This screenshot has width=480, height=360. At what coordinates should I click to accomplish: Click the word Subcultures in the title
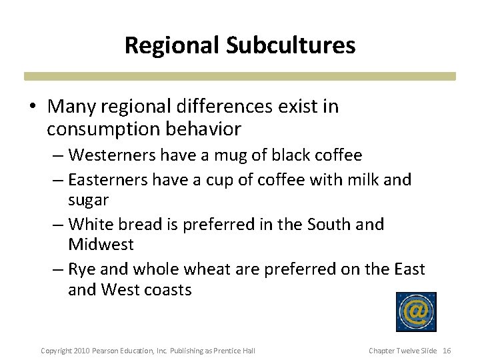pyautogui.click(x=290, y=45)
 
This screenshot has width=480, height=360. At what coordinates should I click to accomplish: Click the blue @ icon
pyautogui.click(x=416, y=312)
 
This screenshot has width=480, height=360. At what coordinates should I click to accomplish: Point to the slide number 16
pyautogui.click(x=447, y=351)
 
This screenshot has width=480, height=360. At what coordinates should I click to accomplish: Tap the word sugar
pyautogui.click(x=88, y=201)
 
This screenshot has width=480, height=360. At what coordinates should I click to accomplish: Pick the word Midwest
pyautogui.click(x=101, y=245)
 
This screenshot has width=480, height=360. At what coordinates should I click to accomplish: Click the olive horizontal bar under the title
pyautogui.click(x=240, y=76)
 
